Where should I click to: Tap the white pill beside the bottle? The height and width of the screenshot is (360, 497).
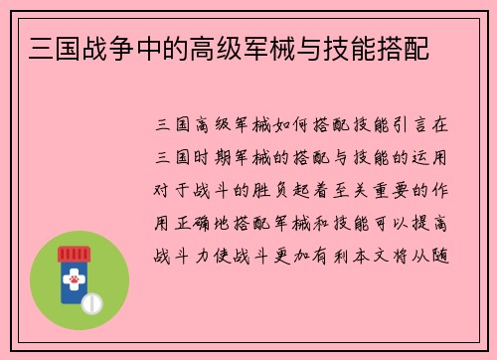[x=92, y=300]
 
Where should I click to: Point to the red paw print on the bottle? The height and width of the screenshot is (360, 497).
[x=73, y=281]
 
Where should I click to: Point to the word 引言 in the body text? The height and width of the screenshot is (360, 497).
[x=409, y=126]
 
